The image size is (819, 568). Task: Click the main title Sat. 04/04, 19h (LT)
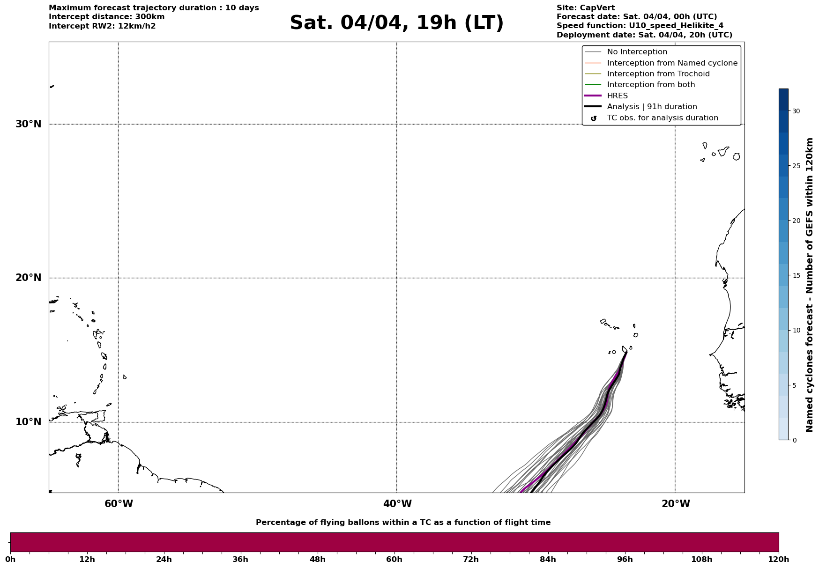396,23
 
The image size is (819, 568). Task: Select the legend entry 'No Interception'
637,52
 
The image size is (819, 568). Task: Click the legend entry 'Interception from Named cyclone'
672,63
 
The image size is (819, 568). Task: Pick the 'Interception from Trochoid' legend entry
658,74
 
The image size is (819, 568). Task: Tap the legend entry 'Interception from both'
651,85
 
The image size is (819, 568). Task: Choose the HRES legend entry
617,96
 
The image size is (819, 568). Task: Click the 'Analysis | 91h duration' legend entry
652,107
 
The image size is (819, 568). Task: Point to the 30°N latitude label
29,124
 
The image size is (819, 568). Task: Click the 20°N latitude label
29,278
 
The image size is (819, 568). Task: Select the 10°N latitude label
29,422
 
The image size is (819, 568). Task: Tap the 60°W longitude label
119,504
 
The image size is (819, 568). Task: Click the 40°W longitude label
397,504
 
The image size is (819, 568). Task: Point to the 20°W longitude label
676,504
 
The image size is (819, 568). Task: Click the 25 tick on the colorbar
796,166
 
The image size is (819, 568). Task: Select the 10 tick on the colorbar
796,330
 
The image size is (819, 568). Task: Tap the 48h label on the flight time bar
317,559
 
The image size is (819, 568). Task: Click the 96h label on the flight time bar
625,559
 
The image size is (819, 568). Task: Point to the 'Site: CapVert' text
585,8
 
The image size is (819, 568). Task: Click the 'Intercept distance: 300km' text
106,17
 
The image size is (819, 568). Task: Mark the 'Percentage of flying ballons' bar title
403,523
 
